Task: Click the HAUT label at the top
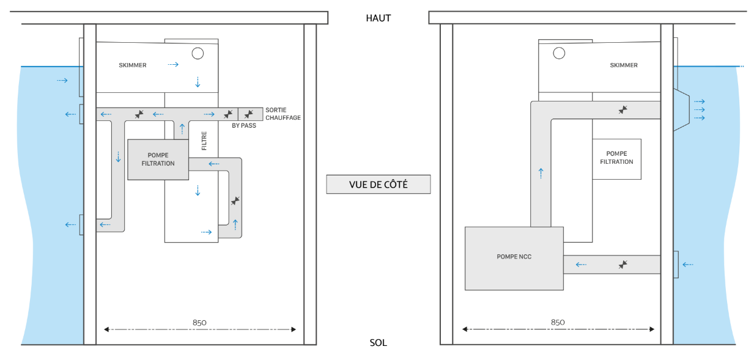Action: (x=378, y=18)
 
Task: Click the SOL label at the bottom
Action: (x=378, y=343)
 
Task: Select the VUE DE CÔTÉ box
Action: (x=378, y=184)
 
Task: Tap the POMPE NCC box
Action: (x=514, y=257)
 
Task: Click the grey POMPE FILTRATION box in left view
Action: (x=158, y=160)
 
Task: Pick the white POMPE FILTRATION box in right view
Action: (x=616, y=158)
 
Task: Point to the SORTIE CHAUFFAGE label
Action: (x=283, y=114)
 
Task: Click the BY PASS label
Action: (x=244, y=125)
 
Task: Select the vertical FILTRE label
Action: (x=204, y=140)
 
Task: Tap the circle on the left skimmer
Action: (x=197, y=53)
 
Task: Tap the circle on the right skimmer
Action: (x=559, y=53)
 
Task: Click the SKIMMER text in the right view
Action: (x=624, y=65)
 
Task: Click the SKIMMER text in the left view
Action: (x=133, y=65)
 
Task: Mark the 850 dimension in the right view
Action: (x=558, y=321)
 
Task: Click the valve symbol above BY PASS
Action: (x=228, y=114)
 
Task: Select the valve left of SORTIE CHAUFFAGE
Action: (x=249, y=114)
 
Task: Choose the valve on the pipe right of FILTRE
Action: (x=235, y=200)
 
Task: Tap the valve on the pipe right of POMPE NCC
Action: (x=623, y=265)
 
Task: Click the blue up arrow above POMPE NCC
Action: (x=541, y=173)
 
